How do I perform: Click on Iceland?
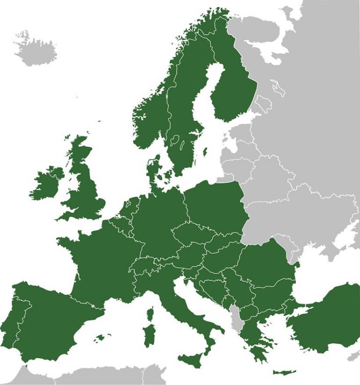[35, 49]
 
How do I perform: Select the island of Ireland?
[46, 183]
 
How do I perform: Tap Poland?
[213, 202]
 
